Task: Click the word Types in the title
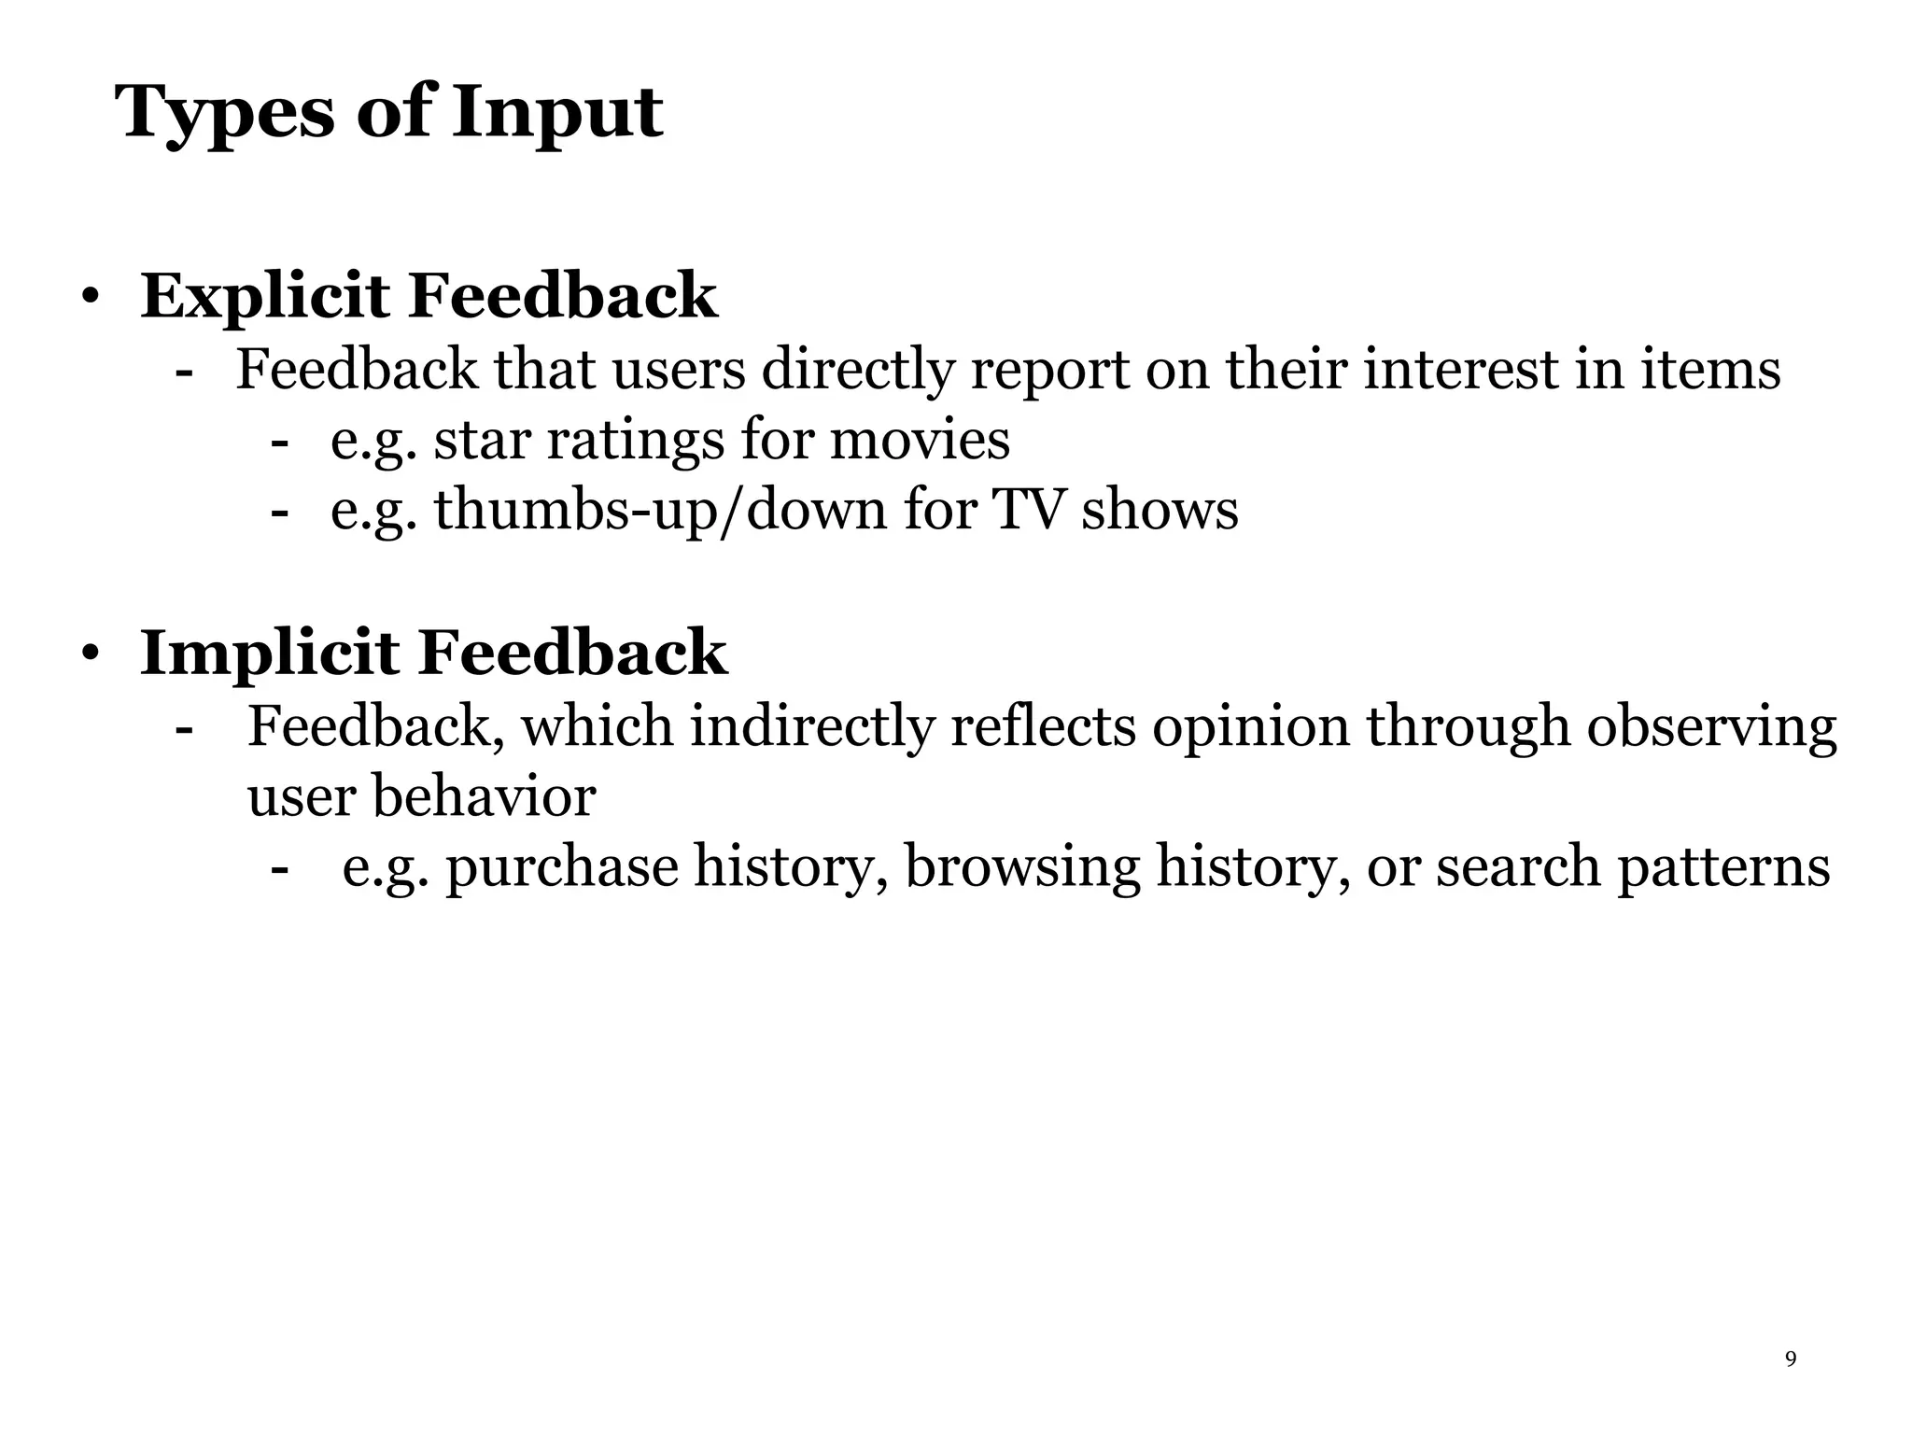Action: [224, 114]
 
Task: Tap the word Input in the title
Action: [557, 114]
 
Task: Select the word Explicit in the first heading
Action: [265, 296]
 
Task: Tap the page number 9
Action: [1790, 1358]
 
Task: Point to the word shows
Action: [1160, 511]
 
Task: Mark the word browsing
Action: [1022, 867]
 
